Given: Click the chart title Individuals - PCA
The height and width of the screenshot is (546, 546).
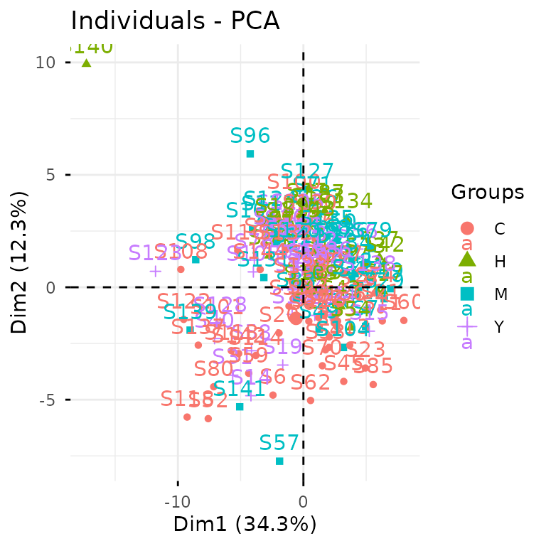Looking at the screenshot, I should pos(175,21).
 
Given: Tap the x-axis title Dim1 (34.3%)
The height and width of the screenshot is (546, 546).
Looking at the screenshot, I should pos(245,524).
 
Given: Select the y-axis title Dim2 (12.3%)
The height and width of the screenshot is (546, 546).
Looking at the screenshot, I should pos(20,261).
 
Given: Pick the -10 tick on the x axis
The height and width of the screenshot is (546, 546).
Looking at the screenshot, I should pos(178,502).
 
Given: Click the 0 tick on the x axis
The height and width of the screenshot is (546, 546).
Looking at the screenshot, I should pos(304,502).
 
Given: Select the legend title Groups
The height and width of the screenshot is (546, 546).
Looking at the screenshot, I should pos(488,192).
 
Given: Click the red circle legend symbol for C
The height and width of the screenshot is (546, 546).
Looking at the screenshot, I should pos(467,228).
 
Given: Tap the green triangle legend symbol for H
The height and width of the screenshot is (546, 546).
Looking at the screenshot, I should pos(467,260).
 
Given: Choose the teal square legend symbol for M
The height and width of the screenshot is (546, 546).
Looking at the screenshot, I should pos(467,293).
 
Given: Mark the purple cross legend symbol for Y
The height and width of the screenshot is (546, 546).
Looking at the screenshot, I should pos(467,326).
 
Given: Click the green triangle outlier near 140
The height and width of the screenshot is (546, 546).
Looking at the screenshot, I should pos(86,63).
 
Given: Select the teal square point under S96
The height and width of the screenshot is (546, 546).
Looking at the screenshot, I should pos(250,154).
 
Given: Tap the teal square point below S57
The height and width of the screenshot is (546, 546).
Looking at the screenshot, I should pos(279,461).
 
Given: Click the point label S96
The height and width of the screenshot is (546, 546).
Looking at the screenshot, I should pos(250,135).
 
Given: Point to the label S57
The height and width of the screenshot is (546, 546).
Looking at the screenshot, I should pos(279,443).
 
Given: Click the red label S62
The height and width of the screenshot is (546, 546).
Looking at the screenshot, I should pos(310,382).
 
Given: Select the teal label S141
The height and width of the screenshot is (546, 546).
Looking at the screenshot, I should pos(240,388).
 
